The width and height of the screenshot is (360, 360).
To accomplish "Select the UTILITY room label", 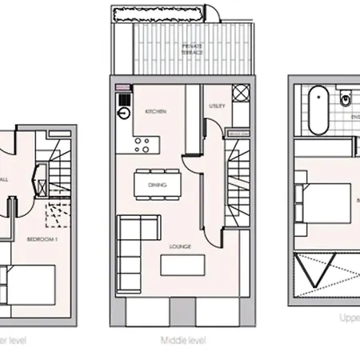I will tap(216, 106).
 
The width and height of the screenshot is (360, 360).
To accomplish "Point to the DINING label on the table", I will tap(157, 185).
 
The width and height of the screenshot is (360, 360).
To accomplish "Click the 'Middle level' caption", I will tap(184, 339).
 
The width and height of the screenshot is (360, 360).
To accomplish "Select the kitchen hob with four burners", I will tap(144, 145).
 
